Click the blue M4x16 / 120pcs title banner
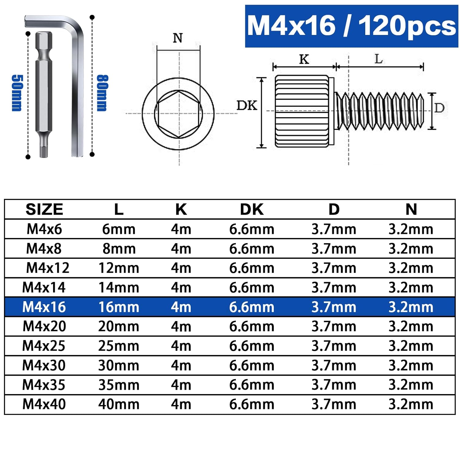[x=351, y=26]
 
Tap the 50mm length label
[x=17, y=93]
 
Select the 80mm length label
[x=102, y=93]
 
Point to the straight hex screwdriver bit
[x=44, y=94]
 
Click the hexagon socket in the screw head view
[x=178, y=114]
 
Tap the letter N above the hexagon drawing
[x=178, y=38]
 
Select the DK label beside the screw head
[x=247, y=105]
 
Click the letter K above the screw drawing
[x=304, y=59]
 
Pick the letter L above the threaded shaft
[x=379, y=59]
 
